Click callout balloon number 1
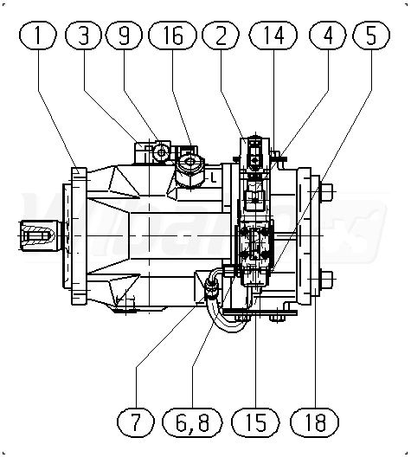[x=37, y=35]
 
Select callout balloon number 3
[x=83, y=35]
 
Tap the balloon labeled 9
[x=124, y=35]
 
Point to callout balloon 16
[x=172, y=35]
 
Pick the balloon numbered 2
[x=221, y=35]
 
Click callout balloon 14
[x=273, y=35]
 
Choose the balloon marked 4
[x=328, y=35]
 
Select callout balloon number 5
[x=371, y=35]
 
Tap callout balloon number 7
[x=136, y=422]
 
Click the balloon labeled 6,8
[x=192, y=422]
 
